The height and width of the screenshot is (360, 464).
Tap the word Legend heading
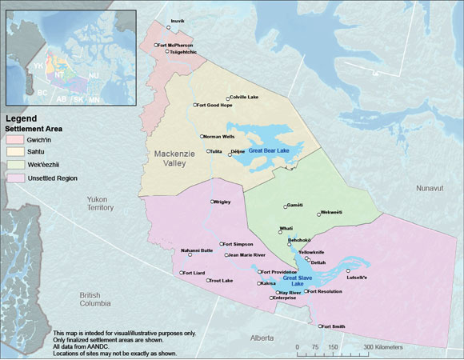pos(22,118)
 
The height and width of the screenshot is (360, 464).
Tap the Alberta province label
pos(261,338)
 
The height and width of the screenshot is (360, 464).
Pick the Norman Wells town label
pos(219,136)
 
